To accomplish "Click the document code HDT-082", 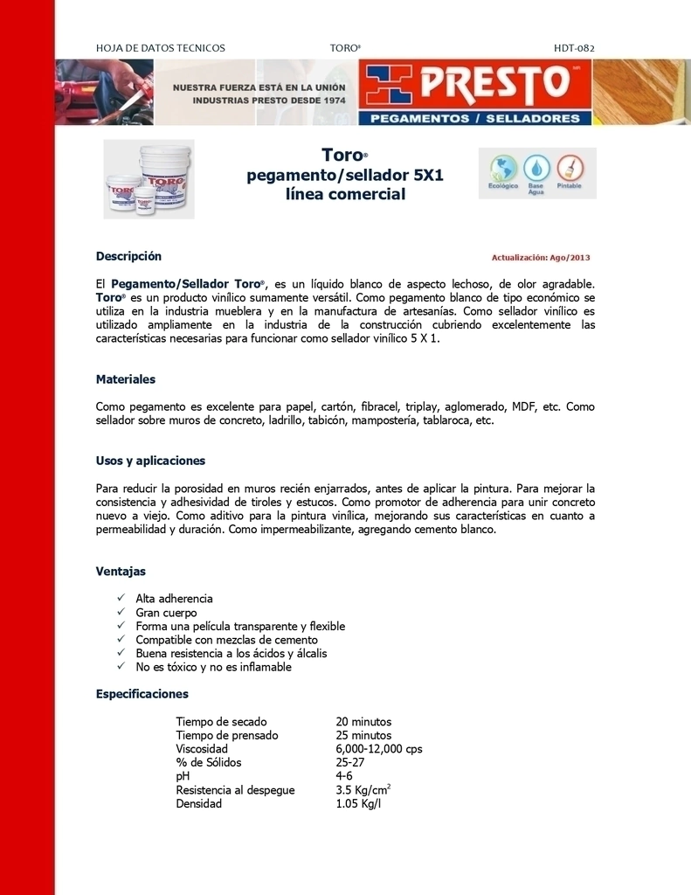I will (574, 48).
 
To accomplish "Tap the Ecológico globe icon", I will (503, 168).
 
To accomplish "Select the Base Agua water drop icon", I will (536, 168).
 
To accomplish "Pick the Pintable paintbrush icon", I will (569, 168).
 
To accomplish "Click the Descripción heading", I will (128, 256).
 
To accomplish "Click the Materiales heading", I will (125, 379).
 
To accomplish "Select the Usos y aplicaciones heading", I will (150, 461).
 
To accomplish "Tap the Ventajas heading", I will (121, 572).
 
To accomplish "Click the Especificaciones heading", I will (142, 694).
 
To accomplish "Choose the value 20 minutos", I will (363, 722).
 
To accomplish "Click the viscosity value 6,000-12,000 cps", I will (379, 749).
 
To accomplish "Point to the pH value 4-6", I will (344, 776).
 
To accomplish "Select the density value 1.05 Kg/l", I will (358, 804).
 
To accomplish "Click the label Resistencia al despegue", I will (235, 790).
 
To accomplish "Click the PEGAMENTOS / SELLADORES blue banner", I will (474, 118).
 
